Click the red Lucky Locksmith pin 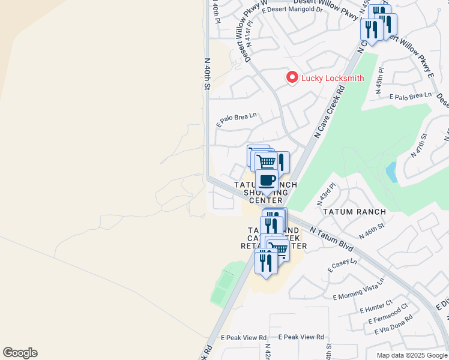[292, 77]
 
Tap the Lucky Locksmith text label [333, 78]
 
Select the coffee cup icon [267, 180]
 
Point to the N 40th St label [207, 74]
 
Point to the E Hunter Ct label [376, 306]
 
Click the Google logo [20, 353]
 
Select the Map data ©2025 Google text [411, 355]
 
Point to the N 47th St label [419, 146]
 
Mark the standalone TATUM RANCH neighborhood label [349, 212]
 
